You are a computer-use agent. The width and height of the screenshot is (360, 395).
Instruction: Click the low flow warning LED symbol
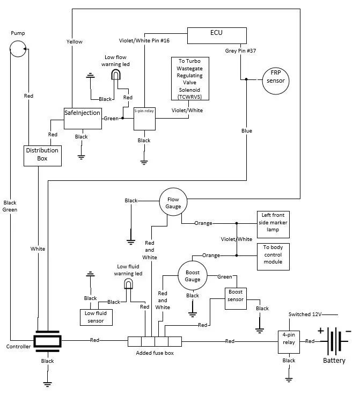pyautogui.click(x=116, y=75)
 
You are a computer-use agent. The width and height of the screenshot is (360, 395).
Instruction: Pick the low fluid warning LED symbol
pyautogui.click(x=128, y=284)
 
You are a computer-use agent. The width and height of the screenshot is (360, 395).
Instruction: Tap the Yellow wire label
pyautogui.click(x=75, y=41)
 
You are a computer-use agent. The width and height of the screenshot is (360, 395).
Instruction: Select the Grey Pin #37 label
pyautogui.click(x=240, y=50)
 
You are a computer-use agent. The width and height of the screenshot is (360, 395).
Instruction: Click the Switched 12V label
pyautogui.click(x=305, y=314)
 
